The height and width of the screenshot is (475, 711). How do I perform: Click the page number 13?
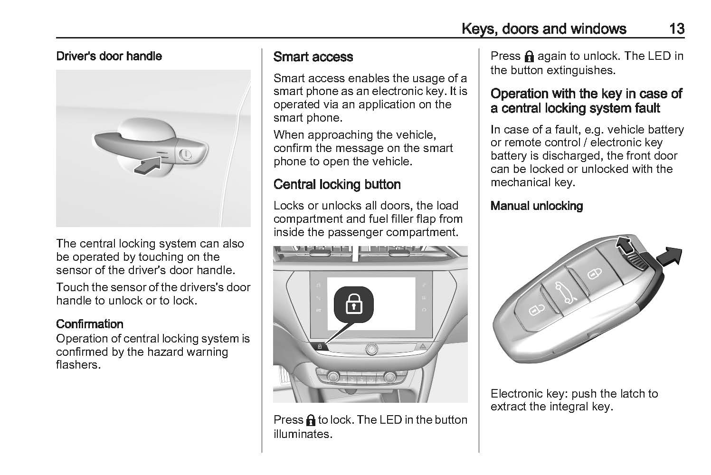(x=676, y=29)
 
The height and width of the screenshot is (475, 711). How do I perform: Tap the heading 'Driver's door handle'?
(x=109, y=56)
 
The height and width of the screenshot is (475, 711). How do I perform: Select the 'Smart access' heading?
(x=313, y=57)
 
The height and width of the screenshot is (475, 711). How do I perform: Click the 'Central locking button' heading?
(x=337, y=184)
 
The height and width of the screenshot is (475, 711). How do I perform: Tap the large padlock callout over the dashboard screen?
(x=353, y=303)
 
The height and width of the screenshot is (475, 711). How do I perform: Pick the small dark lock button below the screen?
(x=320, y=347)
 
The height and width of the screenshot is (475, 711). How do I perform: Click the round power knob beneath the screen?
(x=371, y=350)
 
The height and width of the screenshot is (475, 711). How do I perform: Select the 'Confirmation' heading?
(x=90, y=324)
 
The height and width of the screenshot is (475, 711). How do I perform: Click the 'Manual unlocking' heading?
(x=537, y=206)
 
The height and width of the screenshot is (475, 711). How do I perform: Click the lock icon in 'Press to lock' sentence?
(x=311, y=420)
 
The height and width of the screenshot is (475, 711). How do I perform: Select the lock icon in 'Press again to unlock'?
(x=529, y=57)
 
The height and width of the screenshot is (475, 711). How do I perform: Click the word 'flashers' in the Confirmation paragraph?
(x=78, y=365)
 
